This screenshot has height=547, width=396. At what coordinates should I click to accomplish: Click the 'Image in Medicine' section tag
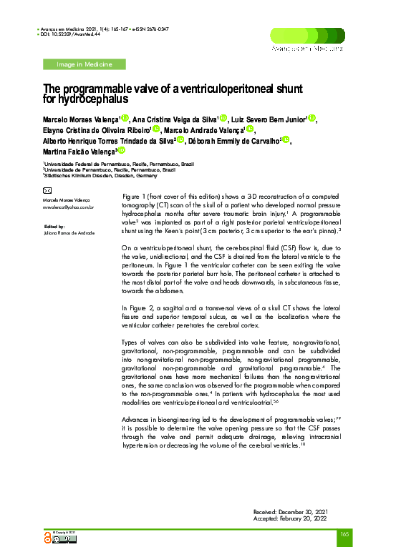tap(84, 65)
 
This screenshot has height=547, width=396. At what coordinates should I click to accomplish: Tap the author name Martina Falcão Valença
tap(78, 152)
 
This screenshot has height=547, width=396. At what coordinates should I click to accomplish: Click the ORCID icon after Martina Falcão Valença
tap(122, 152)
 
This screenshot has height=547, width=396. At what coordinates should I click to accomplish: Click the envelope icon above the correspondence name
tap(47, 191)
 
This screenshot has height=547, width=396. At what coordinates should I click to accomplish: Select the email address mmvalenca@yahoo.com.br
tap(69, 207)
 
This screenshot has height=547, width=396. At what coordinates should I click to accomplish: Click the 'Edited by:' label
tap(54, 226)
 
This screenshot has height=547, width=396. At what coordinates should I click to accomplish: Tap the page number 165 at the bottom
tap(344, 534)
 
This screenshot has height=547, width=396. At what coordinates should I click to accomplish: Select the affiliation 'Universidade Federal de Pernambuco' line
tap(118, 164)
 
